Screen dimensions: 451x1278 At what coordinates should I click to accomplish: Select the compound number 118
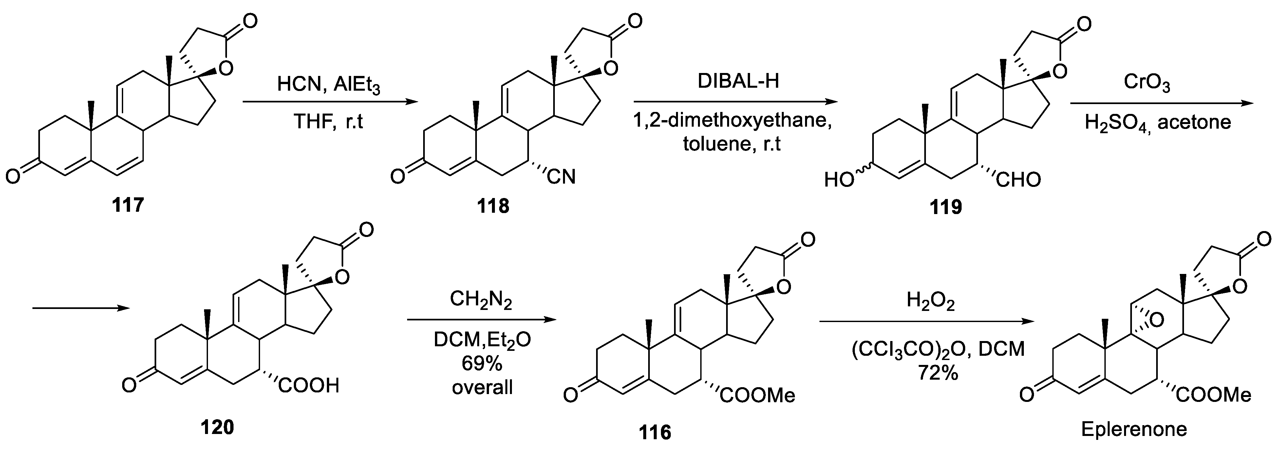click(493, 205)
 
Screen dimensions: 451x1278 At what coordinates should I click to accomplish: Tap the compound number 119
click(946, 207)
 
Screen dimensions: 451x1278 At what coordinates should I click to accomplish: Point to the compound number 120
click(217, 426)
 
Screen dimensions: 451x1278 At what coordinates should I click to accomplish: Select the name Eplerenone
click(1134, 429)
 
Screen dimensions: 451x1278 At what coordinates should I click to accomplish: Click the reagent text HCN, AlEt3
click(329, 85)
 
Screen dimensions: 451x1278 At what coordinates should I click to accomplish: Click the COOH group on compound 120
click(309, 385)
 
